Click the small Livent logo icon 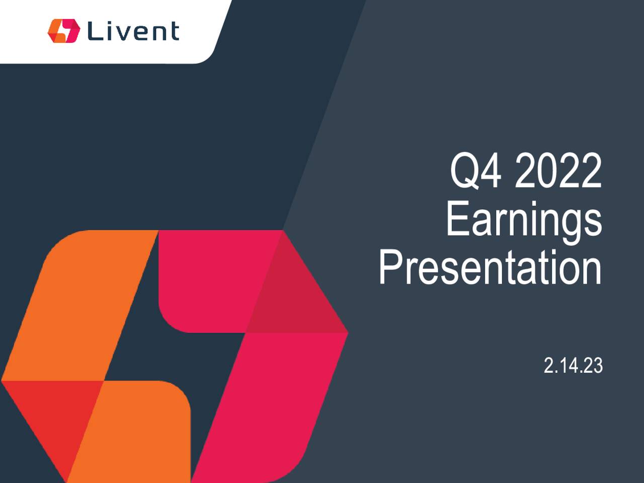(63, 31)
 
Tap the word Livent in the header (133, 31)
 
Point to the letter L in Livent (94, 31)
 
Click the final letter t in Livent (174, 32)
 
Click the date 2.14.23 (573, 366)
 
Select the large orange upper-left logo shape (86, 302)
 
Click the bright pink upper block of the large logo (211, 277)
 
